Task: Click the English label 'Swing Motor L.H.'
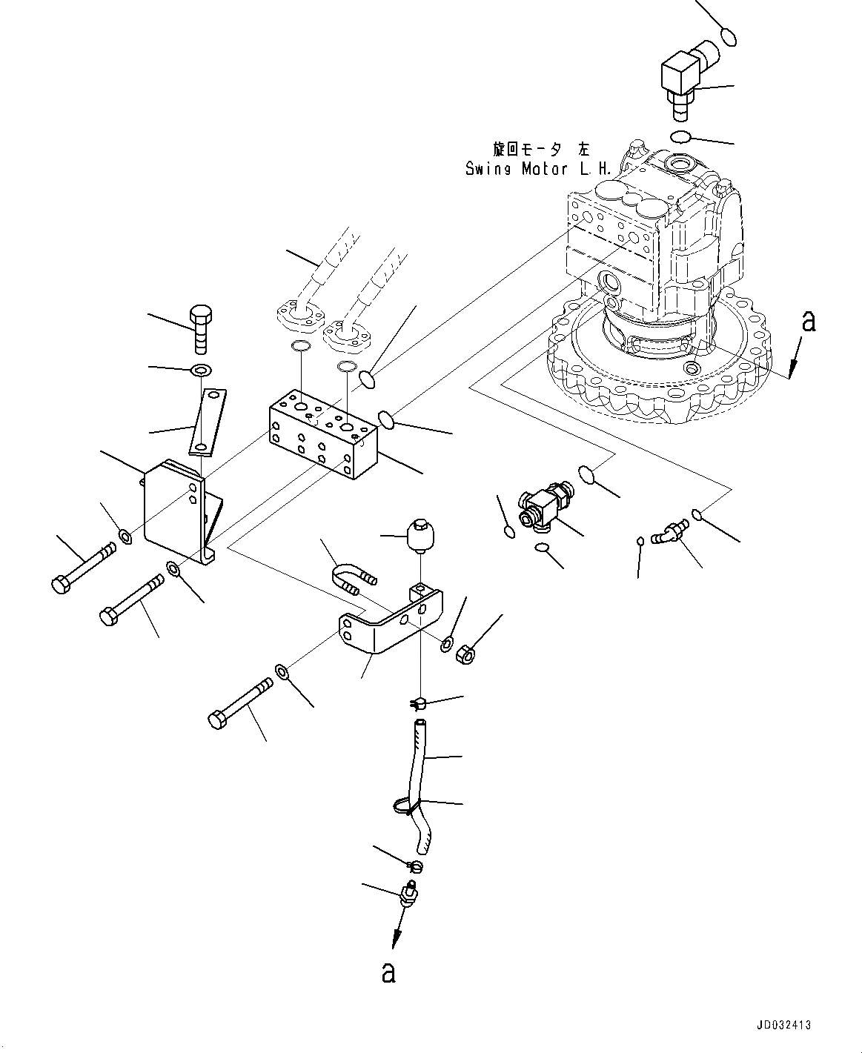539,169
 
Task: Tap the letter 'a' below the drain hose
388,972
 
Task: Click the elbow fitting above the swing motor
687,80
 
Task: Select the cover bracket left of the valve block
176,511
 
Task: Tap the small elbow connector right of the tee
669,534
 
